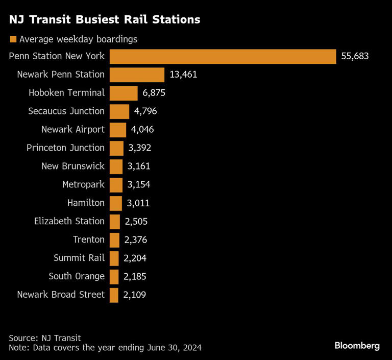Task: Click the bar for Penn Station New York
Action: (223, 56)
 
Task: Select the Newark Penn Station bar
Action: (137, 75)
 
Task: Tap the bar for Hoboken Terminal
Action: (124, 93)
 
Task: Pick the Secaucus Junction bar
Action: (119, 111)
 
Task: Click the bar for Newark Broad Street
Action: (114, 295)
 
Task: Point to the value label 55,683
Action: (355, 56)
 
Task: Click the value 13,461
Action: (183, 75)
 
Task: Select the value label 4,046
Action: (142, 130)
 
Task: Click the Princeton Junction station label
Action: (65, 148)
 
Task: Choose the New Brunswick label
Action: (73, 166)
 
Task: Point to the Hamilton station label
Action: (86, 203)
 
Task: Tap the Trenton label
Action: (89, 239)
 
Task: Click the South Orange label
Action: (77, 276)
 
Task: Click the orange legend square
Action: (13, 39)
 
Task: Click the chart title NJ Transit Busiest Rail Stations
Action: (104, 20)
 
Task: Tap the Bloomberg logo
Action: (357, 346)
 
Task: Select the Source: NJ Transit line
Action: (45, 338)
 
